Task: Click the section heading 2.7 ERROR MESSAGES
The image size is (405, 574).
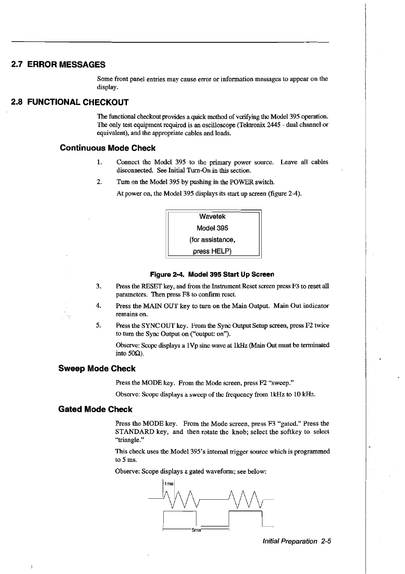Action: (58, 64)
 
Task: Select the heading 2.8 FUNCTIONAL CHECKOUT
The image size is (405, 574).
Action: (70, 102)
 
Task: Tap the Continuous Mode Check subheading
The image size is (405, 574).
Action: (108, 148)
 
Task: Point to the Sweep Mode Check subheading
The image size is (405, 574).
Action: (97, 368)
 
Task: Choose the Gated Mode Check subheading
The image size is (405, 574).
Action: (95, 409)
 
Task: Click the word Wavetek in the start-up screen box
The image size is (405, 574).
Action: (212, 216)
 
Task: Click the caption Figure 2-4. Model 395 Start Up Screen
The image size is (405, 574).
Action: (212, 274)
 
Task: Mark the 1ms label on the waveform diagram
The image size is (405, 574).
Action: (169, 484)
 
